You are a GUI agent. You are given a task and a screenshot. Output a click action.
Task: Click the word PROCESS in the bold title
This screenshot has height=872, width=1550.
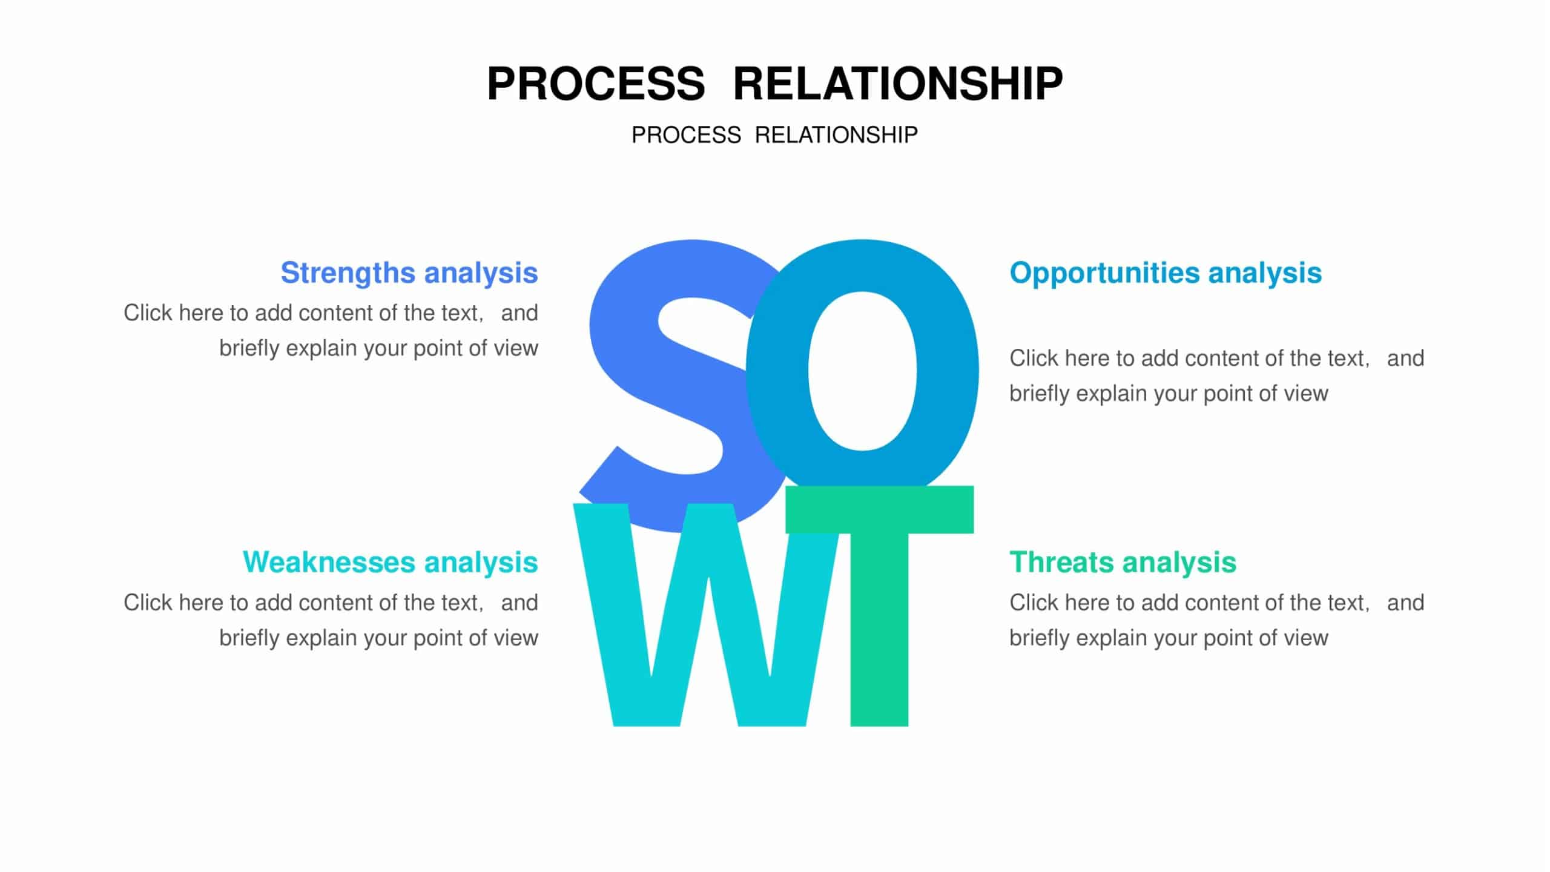coord(596,84)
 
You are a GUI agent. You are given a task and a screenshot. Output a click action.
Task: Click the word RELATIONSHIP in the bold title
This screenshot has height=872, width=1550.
coord(897,84)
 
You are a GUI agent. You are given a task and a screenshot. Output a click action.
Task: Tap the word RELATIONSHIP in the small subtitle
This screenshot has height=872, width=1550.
coord(836,135)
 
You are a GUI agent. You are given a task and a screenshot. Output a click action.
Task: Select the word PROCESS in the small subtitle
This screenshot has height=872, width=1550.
coord(686,135)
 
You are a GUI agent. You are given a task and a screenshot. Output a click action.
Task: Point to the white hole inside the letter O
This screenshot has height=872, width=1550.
coord(862,371)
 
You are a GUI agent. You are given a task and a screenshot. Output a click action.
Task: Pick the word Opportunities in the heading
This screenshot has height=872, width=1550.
coord(1104,273)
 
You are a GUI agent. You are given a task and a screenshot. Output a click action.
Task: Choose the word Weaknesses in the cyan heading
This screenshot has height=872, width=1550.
coord(329,562)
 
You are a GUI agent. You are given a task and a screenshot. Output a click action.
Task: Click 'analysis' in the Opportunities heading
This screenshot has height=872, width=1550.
coord(1265,273)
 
